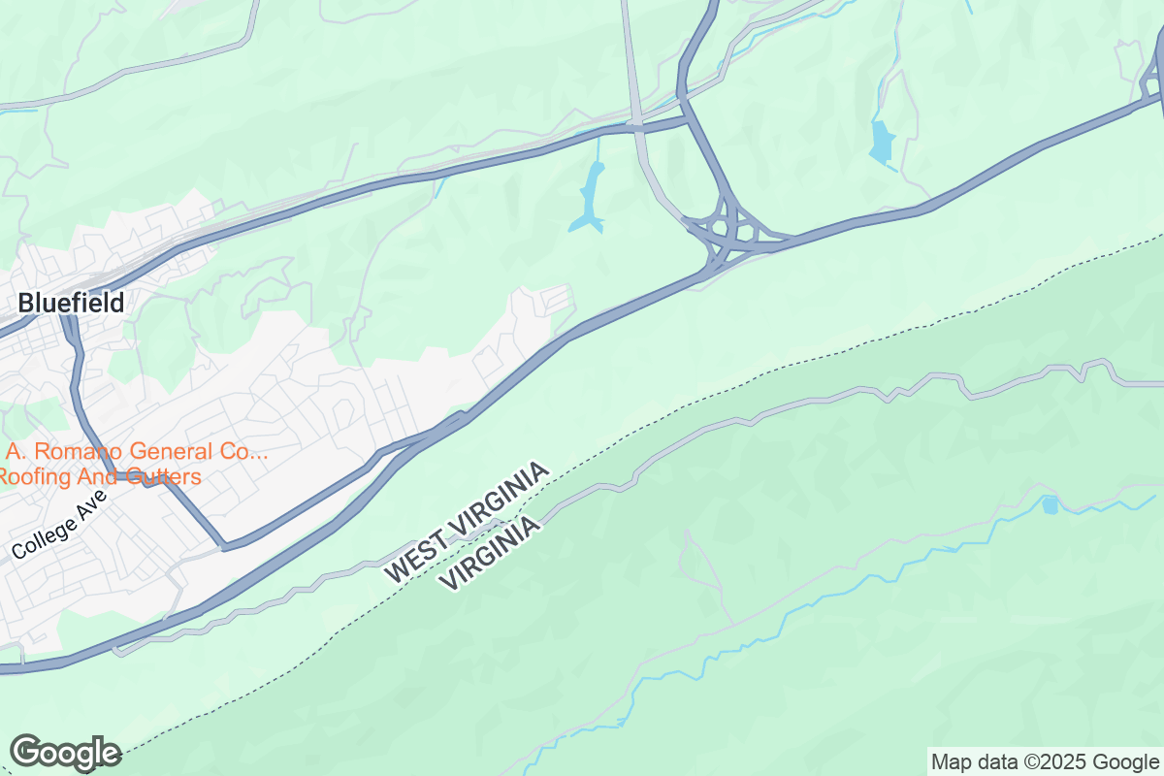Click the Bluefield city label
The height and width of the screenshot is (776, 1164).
click(71, 303)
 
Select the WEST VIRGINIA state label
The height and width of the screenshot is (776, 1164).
click(467, 522)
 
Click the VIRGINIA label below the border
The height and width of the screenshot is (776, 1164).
click(490, 553)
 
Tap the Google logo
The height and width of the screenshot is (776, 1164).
click(66, 753)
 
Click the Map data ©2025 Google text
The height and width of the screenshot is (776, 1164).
click(1045, 761)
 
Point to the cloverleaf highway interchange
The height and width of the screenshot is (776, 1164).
click(727, 230)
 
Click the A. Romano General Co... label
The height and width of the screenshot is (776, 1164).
click(136, 452)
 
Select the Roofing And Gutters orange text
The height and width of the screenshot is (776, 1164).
click(100, 476)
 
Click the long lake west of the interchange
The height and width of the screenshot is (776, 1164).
click(589, 197)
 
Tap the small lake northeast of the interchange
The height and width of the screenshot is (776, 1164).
click(882, 142)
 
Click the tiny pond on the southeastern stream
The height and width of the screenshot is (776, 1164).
click(1050, 504)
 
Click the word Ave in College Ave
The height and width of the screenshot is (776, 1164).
click(90, 510)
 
